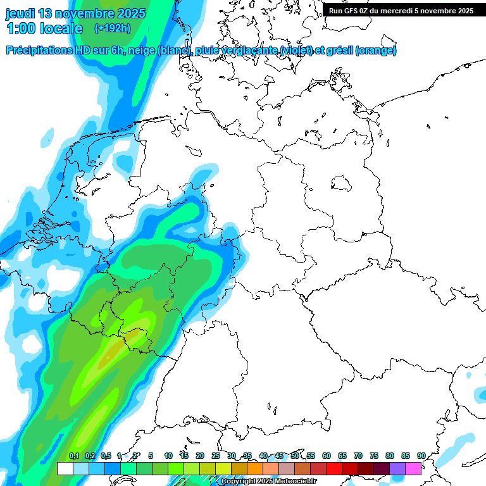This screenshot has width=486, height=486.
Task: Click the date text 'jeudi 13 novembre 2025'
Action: click(75, 13)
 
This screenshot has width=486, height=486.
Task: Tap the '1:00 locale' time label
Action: click(44, 28)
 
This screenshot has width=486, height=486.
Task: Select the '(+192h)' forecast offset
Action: click(112, 28)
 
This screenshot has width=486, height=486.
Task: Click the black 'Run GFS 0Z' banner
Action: click(401, 10)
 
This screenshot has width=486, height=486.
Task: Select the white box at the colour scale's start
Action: click(65, 468)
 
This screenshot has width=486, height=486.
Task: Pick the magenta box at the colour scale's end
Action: click(413, 468)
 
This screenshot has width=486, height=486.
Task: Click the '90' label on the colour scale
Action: click(421, 456)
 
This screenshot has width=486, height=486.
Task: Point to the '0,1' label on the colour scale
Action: click(73, 456)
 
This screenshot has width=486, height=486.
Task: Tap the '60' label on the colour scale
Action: click(327, 456)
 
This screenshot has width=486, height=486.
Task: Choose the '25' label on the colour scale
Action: click(216, 456)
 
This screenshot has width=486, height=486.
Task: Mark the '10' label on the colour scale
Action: click(168, 456)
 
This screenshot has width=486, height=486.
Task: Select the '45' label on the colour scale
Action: click(279, 456)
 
